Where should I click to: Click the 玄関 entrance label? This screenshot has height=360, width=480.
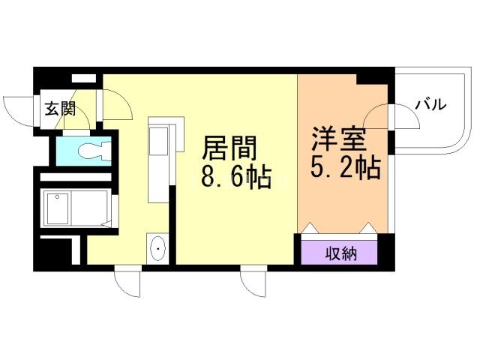point(59,109)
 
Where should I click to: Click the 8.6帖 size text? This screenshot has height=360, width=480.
point(235,180)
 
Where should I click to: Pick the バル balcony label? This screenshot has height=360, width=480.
point(430,105)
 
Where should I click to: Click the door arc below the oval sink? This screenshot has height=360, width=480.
point(126,283)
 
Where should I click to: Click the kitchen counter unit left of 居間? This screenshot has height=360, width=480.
point(160,161)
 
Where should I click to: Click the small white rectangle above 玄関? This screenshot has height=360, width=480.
point(83,77)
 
